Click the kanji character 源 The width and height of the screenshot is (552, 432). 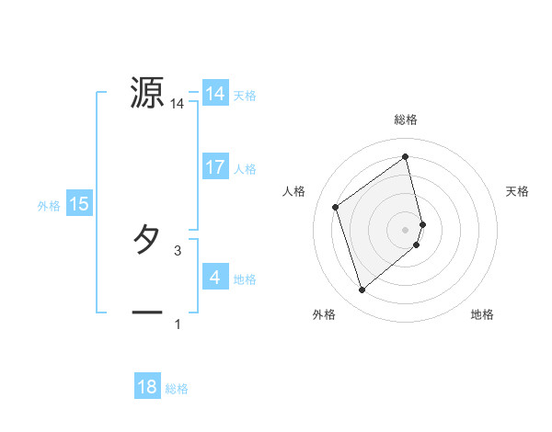pos(147,93)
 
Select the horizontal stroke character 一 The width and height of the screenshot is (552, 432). pos(147,313)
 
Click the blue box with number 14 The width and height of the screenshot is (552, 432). pos(215,93)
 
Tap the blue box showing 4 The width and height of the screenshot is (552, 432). pos(215,277)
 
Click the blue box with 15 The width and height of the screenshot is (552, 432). pos(79,204)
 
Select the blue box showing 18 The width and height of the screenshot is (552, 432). pos(147,387)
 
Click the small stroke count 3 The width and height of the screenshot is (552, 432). pos(178,250)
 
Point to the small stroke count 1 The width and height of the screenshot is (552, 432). pos(178,324)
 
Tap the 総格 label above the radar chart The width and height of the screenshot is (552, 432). pos(406,120)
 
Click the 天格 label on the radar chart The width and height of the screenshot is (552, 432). pos(517,191)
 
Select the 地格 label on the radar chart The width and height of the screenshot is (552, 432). pos(482,315)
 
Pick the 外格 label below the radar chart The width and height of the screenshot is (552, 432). pos(324,315)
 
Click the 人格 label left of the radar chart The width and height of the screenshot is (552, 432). pos(294,191)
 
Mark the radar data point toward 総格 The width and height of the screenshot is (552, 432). pos(406,157)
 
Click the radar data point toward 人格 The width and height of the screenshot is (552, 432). pos(336,207)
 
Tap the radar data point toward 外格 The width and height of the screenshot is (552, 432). pos(362,290)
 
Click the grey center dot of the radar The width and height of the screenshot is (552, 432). pos(406,229)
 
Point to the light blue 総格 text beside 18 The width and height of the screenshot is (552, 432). pos(177,389)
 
